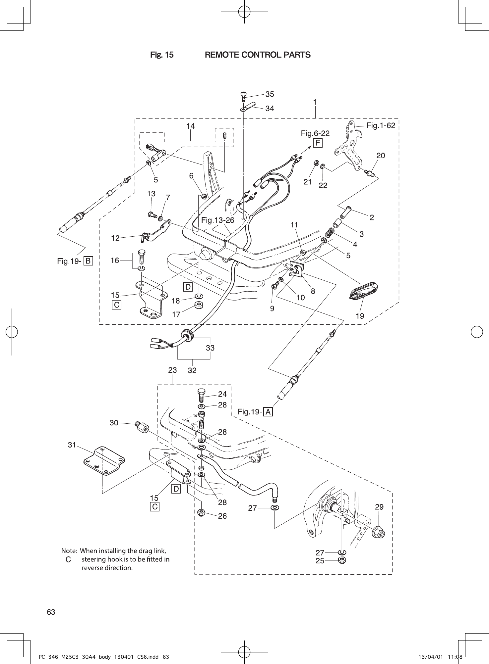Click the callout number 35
pyautogui.click(x=270, y=94)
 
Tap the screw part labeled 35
pyautogui.click(x=244, y=97)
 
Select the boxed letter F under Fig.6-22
pyautogui.click(x=318, y=143)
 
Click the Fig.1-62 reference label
pyautogui.click(x=381, y=125)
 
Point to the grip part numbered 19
pyautogui.click(x=364, y=291)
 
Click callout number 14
pyautogui.click(x=190, y=126)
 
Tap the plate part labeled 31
pyautogui.click(x=104, y=462)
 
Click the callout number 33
pyautogui.click(x=210, y=348)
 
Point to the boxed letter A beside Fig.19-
pyautogui.click(x=268, y=412)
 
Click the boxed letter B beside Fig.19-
pyautogui.click(x=88, y=261)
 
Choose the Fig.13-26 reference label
pyautogui.click(x=217, y=220)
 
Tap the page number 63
pyautogui.click(x=51, y=612)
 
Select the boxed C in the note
pyautogui.click(x=68, y=560)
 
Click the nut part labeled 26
pyautogui.click(x=201, y=513)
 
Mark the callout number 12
pyautogui.click(x=115, y=238)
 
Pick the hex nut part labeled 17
pyautogui.click(x=199, y=305)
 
